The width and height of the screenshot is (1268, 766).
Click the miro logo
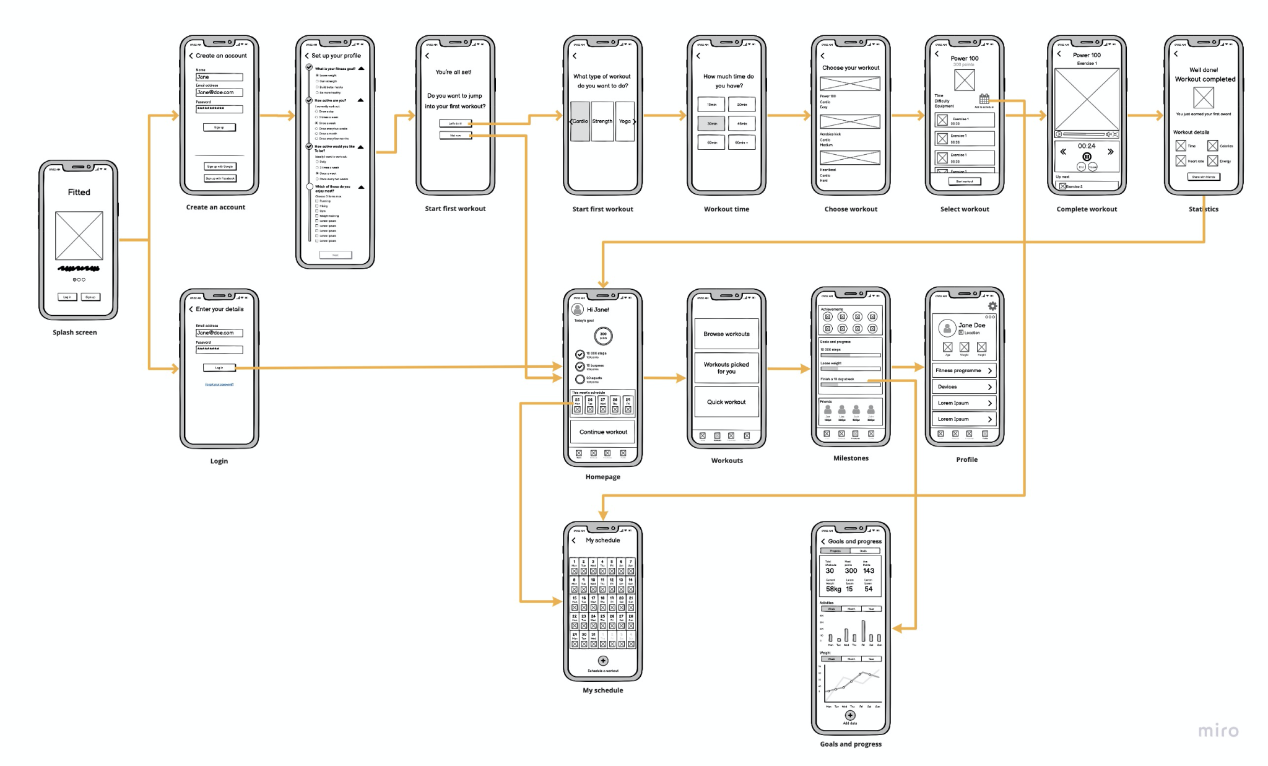point(1218,731)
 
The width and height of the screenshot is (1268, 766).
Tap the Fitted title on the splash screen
point(79,192)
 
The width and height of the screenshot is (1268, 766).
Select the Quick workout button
point(726,402)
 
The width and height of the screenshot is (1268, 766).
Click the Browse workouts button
point(726,334)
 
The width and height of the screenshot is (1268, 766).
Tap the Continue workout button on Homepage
point(602,432)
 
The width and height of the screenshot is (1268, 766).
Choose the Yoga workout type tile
point(625,121)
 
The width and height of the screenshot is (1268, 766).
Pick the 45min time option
point(742,123)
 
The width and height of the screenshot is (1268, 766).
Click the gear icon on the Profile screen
point(992,306)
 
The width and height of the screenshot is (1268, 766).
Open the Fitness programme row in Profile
point(964,370)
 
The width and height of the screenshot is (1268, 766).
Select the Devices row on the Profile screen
point(964,386)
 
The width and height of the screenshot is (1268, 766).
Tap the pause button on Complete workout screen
point(1087,156)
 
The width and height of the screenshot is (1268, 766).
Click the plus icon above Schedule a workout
point(603,661)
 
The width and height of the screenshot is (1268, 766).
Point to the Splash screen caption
point(75,333)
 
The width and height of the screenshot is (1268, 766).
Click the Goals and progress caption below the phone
point(851,744)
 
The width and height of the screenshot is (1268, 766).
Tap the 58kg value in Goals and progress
point(833,589)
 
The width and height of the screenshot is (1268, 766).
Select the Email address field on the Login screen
point(219,333)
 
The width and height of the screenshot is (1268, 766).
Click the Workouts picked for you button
point(726,368)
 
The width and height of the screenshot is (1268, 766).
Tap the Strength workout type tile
point(602,121)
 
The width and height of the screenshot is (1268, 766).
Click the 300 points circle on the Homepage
point(603,336)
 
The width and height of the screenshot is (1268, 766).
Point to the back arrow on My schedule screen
point(574,541)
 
